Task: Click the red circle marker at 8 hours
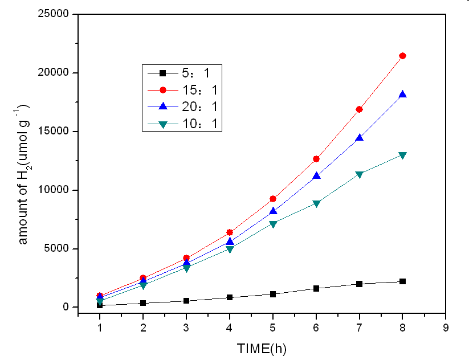(403, 55)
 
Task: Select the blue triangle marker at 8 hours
(403, 95)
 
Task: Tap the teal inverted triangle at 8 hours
(403, 155)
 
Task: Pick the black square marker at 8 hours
(403, 281)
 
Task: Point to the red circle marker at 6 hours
(316, 158)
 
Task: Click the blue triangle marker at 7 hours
(360, 137)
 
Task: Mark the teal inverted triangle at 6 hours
(316, 203)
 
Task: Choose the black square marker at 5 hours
(273, 294)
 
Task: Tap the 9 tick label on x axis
(446, 328)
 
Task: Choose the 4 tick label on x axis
(230, 328)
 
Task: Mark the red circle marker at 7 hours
(360, 109)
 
